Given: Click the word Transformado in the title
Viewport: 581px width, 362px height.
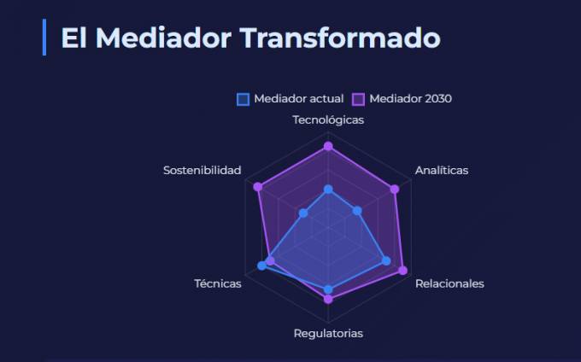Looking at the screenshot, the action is [x=340, y=38].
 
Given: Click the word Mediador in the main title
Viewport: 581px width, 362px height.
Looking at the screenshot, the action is [x=163, y=38].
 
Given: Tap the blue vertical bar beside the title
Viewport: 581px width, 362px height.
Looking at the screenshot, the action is [x=44, y=37].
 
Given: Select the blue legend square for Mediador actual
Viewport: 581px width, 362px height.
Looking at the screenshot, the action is [x=243, y=99].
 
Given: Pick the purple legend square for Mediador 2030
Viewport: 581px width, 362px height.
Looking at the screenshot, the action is [x=358, y=99].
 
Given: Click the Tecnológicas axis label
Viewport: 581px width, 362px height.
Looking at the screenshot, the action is [x=328, y=120].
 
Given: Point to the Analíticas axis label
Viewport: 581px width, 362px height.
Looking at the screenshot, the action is [x=442, y=170].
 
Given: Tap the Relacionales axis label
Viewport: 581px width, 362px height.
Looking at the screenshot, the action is [x=449, y=283].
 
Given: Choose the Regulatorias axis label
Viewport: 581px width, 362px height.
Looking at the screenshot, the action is [x=328, y=334].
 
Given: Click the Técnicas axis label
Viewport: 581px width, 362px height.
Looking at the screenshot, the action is [x=218, y=283].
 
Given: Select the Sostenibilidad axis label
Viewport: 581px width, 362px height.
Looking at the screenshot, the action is [x=202, y=170].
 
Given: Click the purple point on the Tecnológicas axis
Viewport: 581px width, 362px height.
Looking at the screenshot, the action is [x=328, y=147].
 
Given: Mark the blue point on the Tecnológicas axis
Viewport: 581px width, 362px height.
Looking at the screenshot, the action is [x=328, y=190].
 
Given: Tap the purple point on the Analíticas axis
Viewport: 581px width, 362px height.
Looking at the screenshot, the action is [x=395, y=190].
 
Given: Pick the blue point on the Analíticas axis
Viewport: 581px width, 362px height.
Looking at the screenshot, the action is [x=357, y=211].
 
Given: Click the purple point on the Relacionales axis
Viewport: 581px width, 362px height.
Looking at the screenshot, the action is [x=402, y=271].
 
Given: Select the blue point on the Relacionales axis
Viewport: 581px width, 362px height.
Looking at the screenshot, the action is [x=386, y=261].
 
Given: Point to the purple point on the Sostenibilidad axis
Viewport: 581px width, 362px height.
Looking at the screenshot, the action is [x=257, y=187].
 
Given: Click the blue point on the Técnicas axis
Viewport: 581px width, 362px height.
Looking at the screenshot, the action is [x=262, y=266].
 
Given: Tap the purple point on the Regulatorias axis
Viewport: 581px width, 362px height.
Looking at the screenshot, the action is [x=328, y=299].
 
